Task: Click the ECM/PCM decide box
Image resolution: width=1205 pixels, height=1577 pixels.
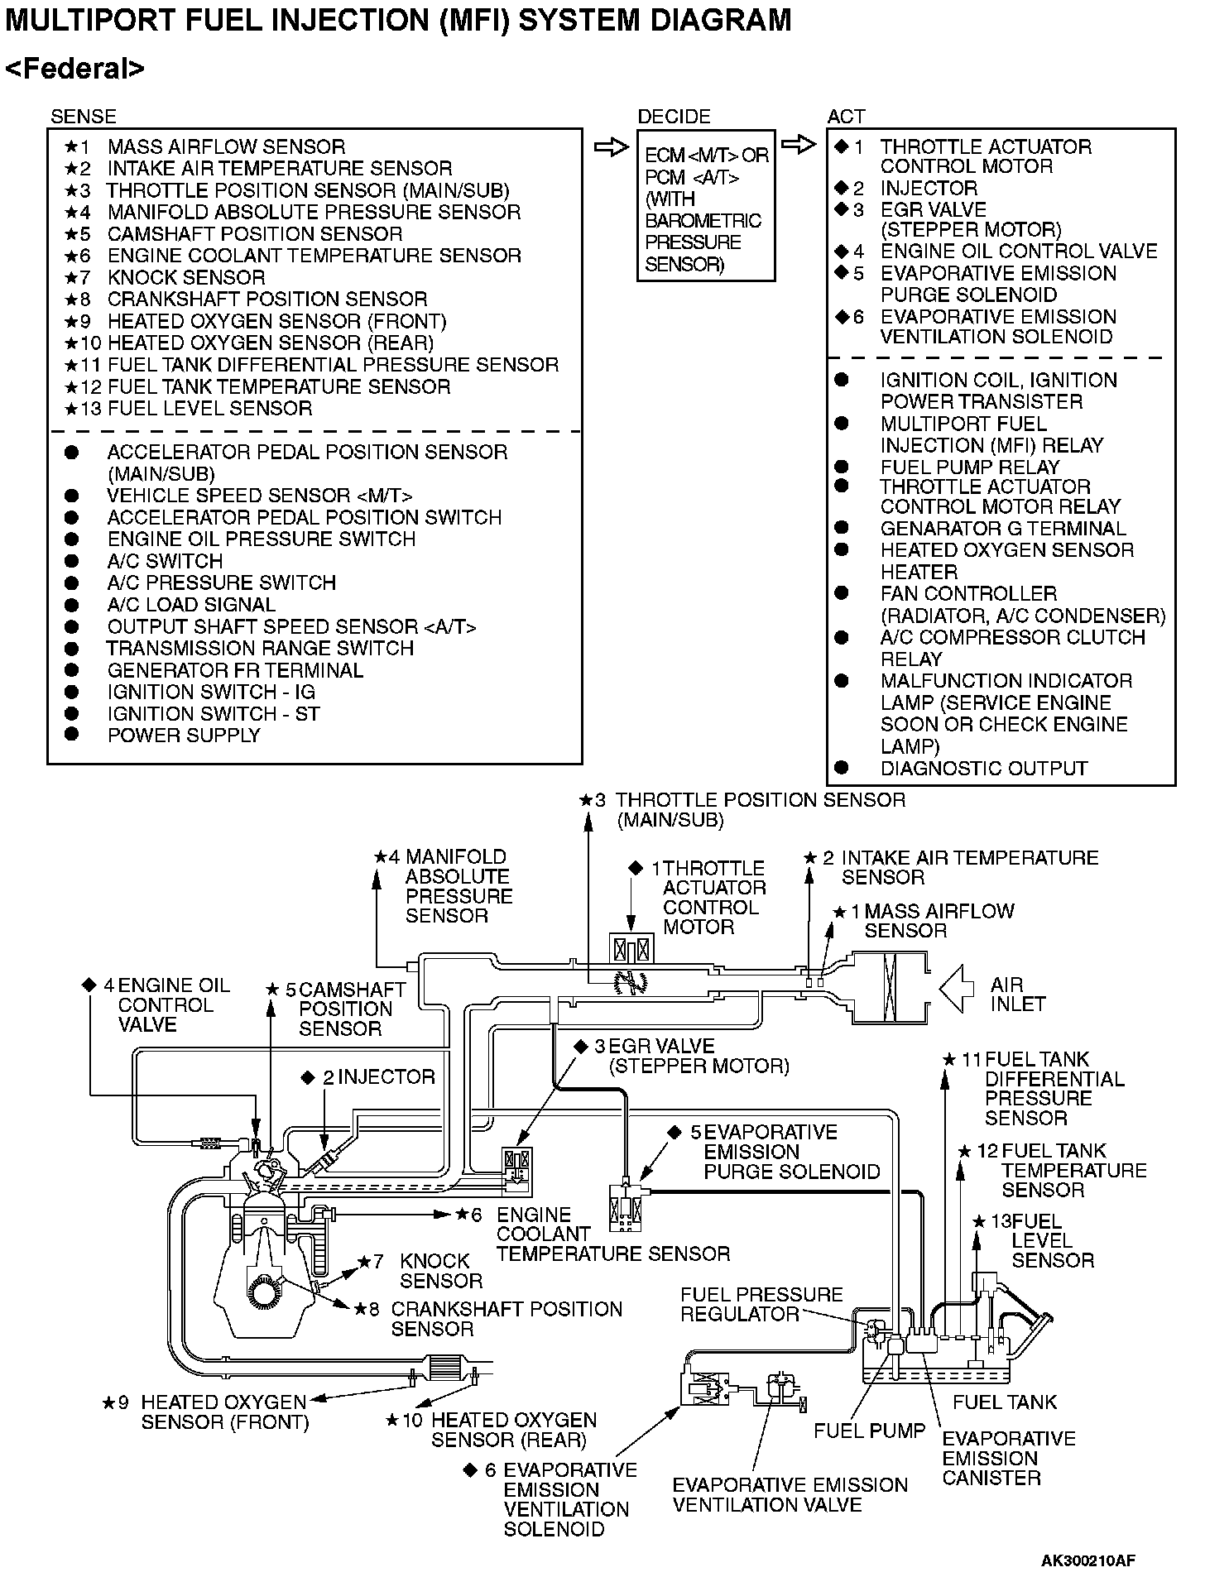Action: coord(705,206)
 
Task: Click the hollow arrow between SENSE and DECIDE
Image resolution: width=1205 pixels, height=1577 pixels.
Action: coord(612,147)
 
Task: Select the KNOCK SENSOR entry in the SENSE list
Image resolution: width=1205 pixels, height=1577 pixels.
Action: coord(186,277)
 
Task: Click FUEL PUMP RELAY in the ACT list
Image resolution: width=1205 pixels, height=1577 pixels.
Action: coord(969,467)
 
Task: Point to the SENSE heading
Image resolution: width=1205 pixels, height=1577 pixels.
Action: coord(83,117)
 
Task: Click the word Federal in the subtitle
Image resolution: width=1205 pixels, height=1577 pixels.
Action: coord(75,69)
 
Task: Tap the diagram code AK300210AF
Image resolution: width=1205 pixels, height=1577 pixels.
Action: coord(1087,1560)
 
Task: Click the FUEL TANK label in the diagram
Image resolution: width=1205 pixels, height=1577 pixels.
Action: coord(1005,1402)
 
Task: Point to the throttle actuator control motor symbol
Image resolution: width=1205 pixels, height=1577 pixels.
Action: coord(631,947)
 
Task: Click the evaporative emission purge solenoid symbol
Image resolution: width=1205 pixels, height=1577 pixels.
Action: coord(627,1207)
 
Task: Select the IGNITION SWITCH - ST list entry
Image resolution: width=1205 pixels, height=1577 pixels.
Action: coord(213,714)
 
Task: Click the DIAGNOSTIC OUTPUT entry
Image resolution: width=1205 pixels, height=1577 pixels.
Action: coord(983,768)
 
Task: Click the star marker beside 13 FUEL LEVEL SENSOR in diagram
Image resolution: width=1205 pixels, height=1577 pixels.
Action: coord(979,1221)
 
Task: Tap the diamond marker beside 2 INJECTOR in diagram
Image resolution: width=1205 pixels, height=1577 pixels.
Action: coord(309,1077)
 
